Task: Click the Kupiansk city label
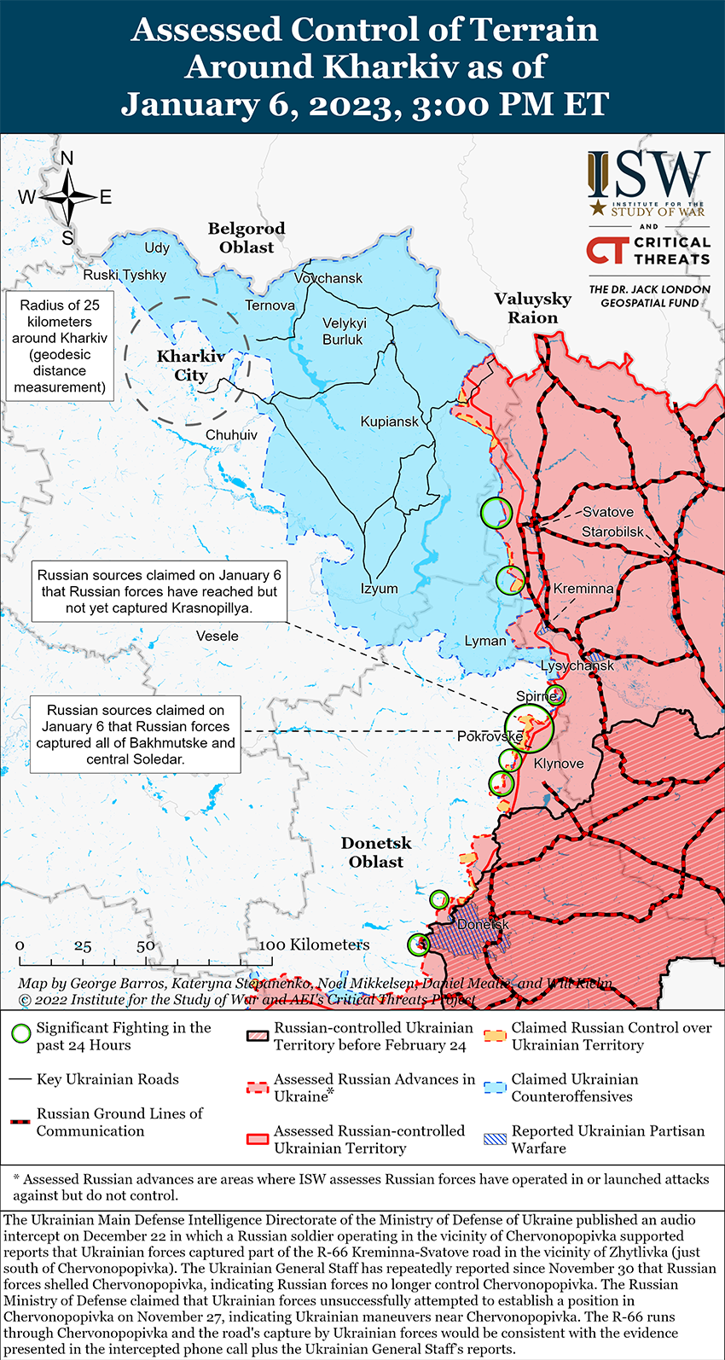pyautogui.click(x=390, y=421)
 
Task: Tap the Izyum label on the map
pyautogui.click(x=380, y=589)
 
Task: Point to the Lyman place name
pyautogui.click(x=485, y=641)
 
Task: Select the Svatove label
pyautogui.click(x=608, y=512)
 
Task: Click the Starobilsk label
pyautogui.click(x=613, y=532)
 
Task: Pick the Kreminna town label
pyautogui.click(x=583, y=589)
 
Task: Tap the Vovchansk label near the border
pyautogui.click(x=328, y=278)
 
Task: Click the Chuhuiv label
pyautogui.click(x=231, y=435)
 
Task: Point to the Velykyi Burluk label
pyautogui.click(x=344, y=331)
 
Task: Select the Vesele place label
pyautogui.click(x=217, y=636)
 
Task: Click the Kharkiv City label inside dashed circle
pyautogui.click(x=191, y=365)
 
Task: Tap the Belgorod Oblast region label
pyautogui.click(x=246, y=238)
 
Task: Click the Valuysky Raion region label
pyautogui.click(x=533, y=308)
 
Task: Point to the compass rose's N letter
pyautogui.click(x=67, y=159)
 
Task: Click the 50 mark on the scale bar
pyautogui.click(x=146, y=945)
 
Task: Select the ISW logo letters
pyautogui.click(x=649, y=175)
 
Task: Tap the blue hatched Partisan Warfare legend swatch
pyautogui.click(x=496, y=1139)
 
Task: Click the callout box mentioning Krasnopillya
pyautogui.click(x=159, y=591)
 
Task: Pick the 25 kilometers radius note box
pyautogui.click(x=60, y=346)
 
